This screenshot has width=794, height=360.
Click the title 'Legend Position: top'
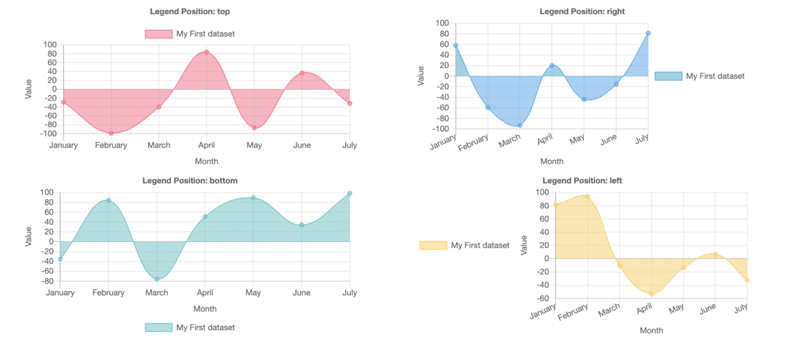[x=190, y=11]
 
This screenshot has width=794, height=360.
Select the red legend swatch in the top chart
[x=158, y=34]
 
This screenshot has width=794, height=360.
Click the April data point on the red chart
[x=207, y=52]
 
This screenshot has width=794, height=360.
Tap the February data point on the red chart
[x=111, y=133]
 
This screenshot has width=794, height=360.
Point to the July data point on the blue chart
[x=648, y=34]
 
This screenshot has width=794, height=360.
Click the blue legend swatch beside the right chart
[x=667, y=76]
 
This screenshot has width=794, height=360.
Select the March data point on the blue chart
[x=520, y=125]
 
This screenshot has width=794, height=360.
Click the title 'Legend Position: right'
[x=582, y=11]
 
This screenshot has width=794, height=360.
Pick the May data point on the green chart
[x=253, y=198]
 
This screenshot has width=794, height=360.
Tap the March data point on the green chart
[x=157, y=279]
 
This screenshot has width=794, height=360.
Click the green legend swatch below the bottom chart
[x=158, y=327]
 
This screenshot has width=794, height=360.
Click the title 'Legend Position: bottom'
[x=190, y=181]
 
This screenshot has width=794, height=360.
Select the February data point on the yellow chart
[x=587, y=197]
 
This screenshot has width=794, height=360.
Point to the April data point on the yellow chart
[x=651, y=294]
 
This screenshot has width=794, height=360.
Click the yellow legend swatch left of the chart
[x=432, y=245]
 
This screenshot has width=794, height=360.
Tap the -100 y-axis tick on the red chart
[x=49, y=133]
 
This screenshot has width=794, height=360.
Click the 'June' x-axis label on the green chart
[x=301, y=292]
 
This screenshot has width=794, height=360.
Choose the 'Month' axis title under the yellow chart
[x=651, y=330]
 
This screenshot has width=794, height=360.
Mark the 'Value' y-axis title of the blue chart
[x=421, y=76]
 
